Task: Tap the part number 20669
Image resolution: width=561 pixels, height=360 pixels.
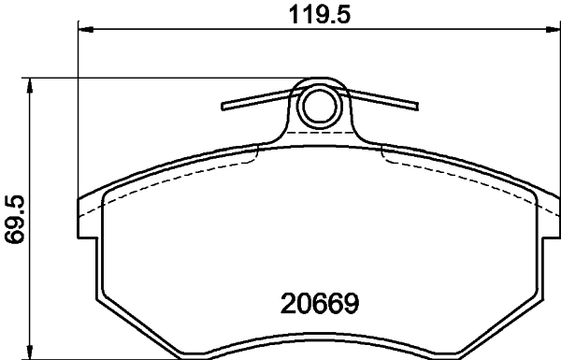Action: pyautogui.click(x=319, y=304)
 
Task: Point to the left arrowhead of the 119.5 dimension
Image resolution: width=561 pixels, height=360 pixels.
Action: pyautogui.click(x=83, y=32)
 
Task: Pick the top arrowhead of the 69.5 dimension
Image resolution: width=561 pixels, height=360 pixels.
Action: pyautogui.click(x=32, y=85)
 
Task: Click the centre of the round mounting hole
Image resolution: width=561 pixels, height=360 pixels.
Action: pyautogui.click(x=320, y=106)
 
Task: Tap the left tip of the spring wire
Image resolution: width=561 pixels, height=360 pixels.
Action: pyautogui.click(x=223, y=105)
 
